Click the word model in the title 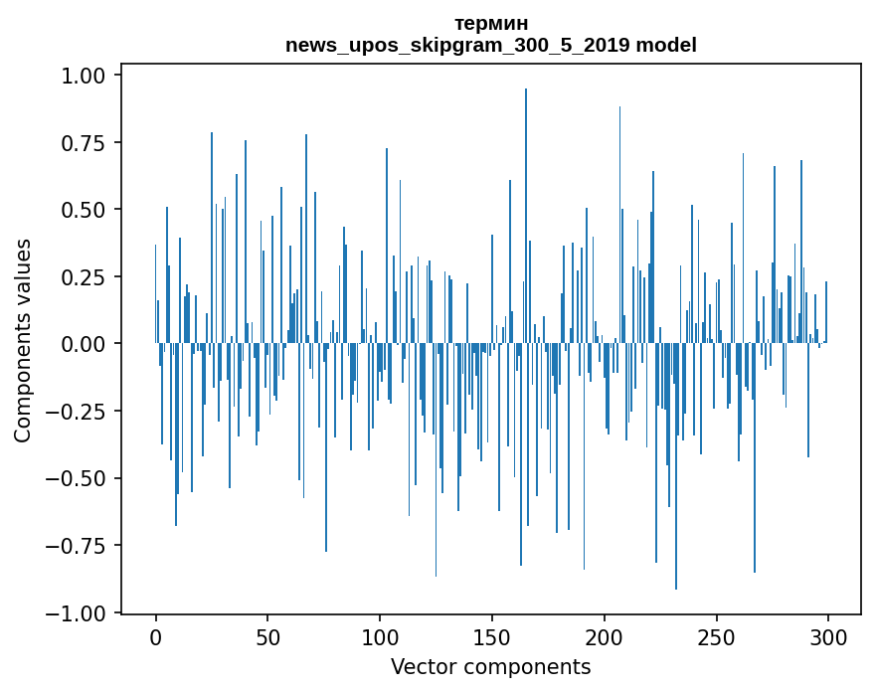(x=666, y=45)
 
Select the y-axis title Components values (x=23, y=340)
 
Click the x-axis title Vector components (x=490, y=667)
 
